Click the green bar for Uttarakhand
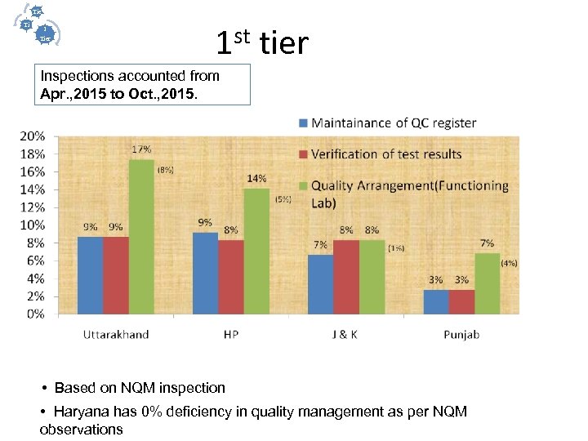pyautogui.click(x=141, y=237)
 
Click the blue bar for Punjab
pyautogui.click(x=436, y=301)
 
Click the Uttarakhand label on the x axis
pyautogui.click(x=116, y=335)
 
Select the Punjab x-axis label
pyautogui.click(x=461, y=335)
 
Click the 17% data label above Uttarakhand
pyautogui.click(x=141, y=149)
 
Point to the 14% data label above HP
pyautogui.click(x=256, y=178)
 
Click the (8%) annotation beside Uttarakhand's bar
pyautogui.click(x=165, y=170)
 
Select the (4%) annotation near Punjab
pyautogui.click(x=509, y=263)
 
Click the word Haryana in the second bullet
pyautogui.click(x=81, y=411)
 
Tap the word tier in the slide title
pyautogui.click(x=283, y=42)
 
